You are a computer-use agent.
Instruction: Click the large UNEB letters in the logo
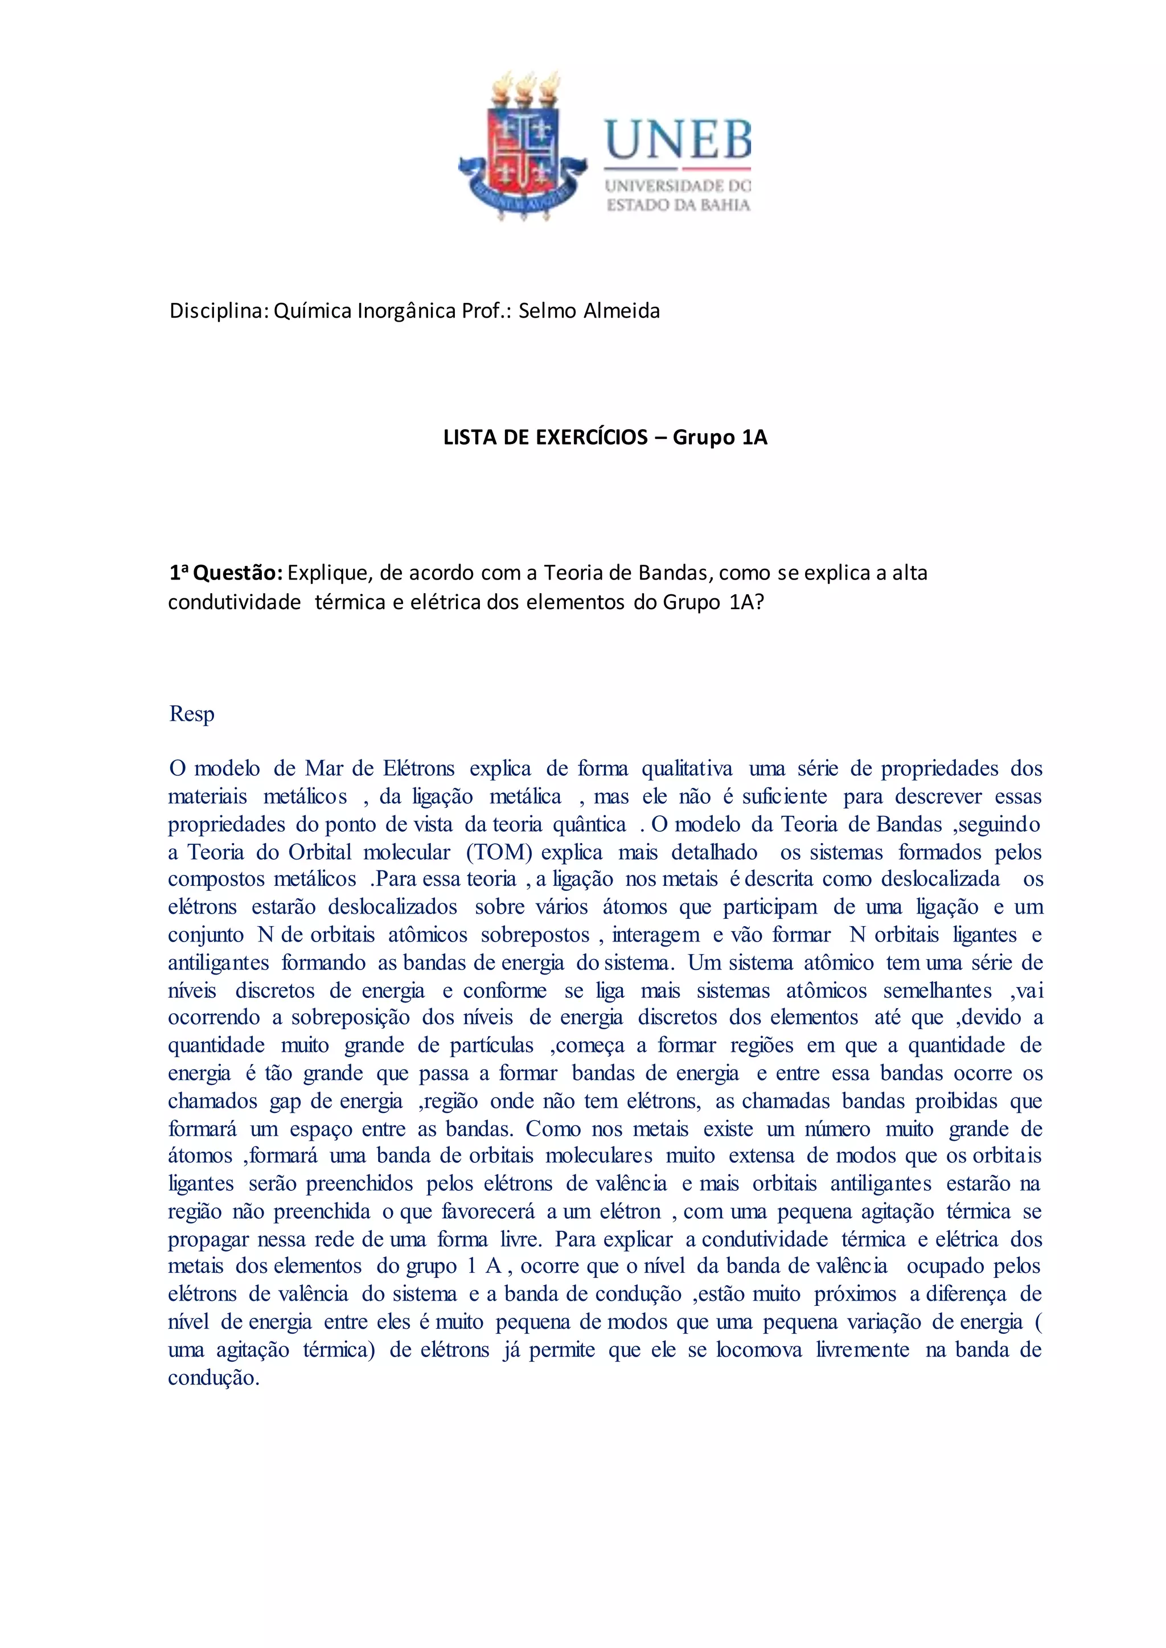(677, 139)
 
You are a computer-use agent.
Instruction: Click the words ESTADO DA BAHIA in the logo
(678, 206)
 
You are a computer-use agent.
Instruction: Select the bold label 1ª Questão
(225, 573)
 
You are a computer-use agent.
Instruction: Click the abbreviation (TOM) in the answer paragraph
(499, 852)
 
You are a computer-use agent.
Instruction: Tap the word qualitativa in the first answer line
(687, 768)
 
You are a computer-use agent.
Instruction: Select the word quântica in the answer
(589, 824)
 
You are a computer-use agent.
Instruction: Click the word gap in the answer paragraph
(285, 1101)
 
